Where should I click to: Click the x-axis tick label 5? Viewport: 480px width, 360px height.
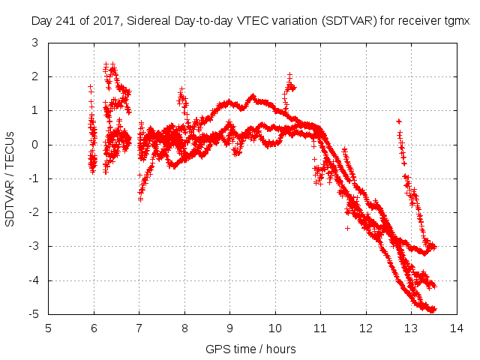click(49, 328)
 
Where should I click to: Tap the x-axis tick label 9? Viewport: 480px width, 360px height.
click(230, 328)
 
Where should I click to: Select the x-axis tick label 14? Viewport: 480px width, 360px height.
click(456, 328)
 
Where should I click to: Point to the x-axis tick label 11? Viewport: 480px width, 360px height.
click(320, 328)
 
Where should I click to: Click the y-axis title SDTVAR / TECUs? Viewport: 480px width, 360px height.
click(10, 178)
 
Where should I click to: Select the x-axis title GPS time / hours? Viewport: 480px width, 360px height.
click(250, 349)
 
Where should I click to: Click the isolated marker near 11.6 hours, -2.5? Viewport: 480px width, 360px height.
click(347, 228)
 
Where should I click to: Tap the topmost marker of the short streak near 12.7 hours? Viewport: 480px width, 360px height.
click(398, 121)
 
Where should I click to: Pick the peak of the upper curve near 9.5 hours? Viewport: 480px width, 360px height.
click(253, 96)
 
